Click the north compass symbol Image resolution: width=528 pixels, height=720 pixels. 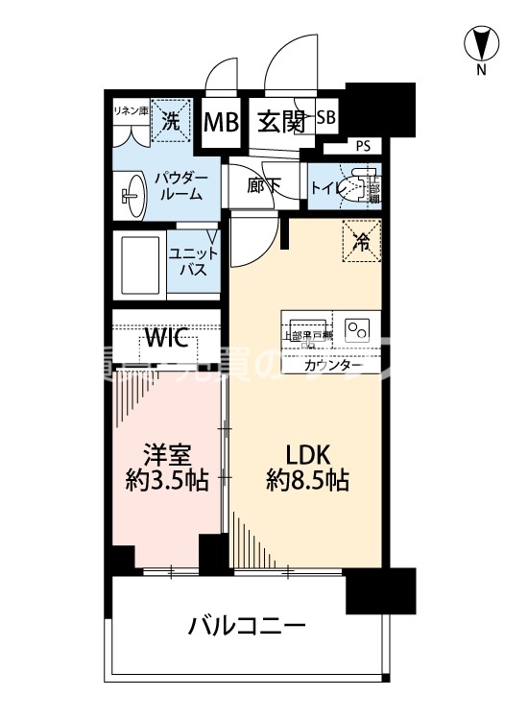point(481,44)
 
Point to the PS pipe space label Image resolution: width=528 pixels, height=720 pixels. point(362,146)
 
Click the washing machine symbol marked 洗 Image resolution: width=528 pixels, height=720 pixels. point(169,120)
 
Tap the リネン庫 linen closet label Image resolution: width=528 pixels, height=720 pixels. point(131,110)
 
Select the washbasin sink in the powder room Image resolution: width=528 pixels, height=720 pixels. point(131,193)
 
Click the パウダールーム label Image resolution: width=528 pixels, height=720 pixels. point(179,186)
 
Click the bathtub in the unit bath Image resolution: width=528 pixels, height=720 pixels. point(139,261)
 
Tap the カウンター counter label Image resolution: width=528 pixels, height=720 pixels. point(333,367)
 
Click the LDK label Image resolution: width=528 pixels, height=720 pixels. point(306,452)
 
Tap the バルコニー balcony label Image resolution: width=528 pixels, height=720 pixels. point(247,627)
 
